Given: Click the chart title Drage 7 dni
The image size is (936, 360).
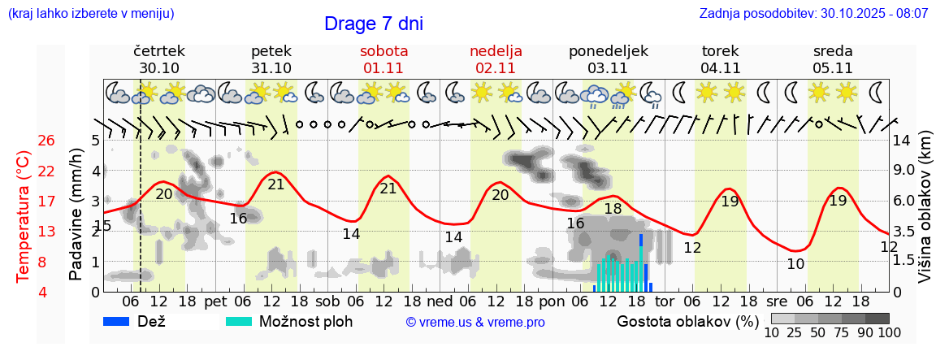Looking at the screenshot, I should click(x=373, y=24).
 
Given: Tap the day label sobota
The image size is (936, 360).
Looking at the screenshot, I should click(x=383, y=51).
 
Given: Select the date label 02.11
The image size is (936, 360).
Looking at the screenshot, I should click(x=496, y=68).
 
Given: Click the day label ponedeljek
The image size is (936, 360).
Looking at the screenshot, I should click(x=608, y=51).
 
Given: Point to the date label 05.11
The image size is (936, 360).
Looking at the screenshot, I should click(x=832, y=68).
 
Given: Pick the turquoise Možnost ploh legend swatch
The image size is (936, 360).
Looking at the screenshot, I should click(x=240, y=321).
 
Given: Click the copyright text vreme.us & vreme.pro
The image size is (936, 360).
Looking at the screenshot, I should click(x=475, y=322).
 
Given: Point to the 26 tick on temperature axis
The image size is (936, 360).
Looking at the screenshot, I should click(x=46, y=141).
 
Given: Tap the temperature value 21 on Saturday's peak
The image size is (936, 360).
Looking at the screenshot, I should click(x=388, y=189).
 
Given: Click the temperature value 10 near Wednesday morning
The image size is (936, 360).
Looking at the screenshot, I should click(x=795, y=263).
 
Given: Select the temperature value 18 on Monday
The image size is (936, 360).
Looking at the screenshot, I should click(x=613, y=209).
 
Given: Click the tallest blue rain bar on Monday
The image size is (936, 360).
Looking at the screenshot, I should click(x=642, y=262).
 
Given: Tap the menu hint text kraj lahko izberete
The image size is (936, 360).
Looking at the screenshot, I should click(x=90, y=14).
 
